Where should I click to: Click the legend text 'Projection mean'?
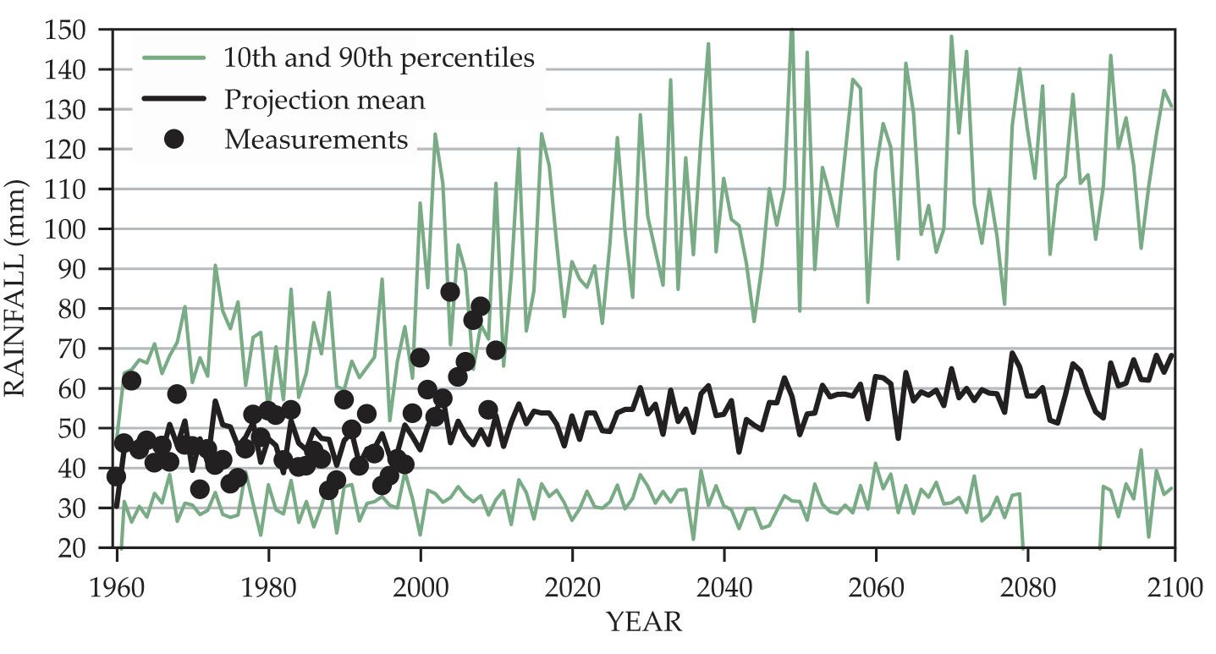pos(324,100)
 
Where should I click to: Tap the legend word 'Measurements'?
pos(316,140)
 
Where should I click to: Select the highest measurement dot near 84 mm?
pos(450,292)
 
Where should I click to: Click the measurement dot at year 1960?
pos(116,476)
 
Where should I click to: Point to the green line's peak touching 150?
pos(792,32)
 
